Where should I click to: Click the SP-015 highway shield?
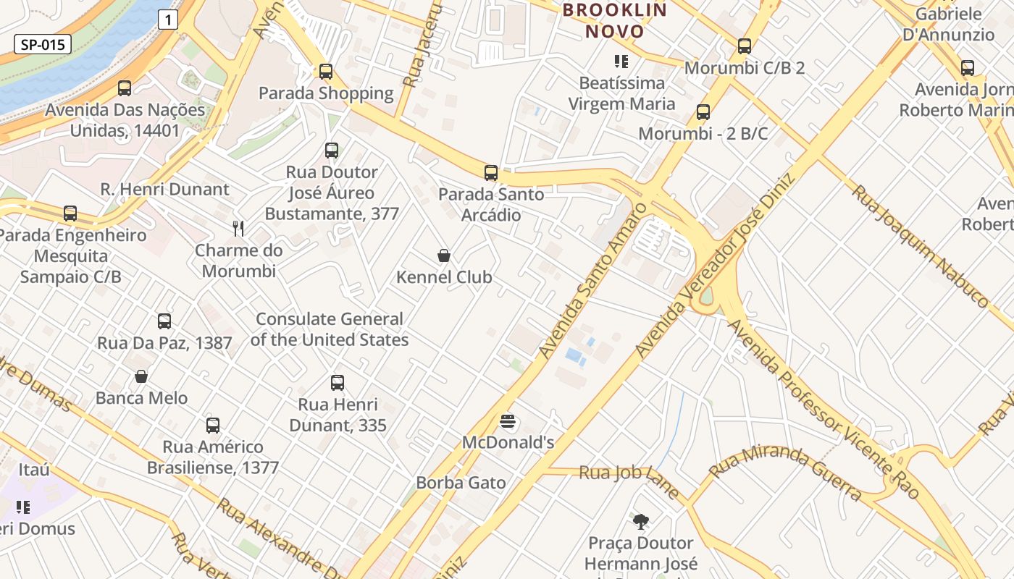coord(43,45)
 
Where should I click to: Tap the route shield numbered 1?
coord(168,20)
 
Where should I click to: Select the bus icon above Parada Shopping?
coord(326,71)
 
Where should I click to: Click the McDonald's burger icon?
coord(508,421)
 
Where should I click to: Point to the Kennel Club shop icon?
coord(444,255)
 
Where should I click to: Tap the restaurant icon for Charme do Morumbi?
coord(238,229)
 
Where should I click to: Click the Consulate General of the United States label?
coord(330,329)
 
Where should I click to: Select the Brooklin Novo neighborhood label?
coord(614,21)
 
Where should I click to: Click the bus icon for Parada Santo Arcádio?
coord(491,173)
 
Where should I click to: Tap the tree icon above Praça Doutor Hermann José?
coord(640,521)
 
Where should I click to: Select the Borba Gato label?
coord(461,483)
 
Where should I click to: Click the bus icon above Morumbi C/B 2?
coord(744,46)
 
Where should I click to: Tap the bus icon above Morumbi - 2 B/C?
coord(703,112)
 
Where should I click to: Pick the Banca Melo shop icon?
coord(141,376)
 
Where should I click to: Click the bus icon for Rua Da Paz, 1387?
coord(164,321)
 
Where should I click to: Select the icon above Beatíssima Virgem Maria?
coord(621,62)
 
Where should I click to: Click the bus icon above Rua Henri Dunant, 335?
coord(338,383)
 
